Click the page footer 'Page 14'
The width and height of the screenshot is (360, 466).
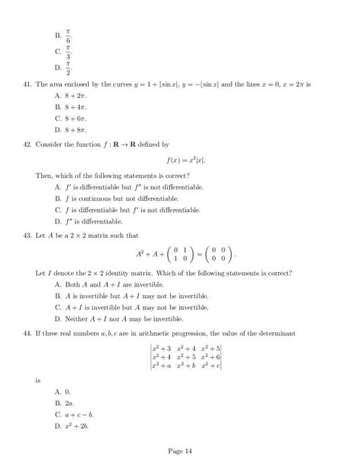coord(180,451)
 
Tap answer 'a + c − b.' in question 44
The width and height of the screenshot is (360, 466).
coord(78,415)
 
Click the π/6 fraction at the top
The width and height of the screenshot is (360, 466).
coord(68,35)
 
